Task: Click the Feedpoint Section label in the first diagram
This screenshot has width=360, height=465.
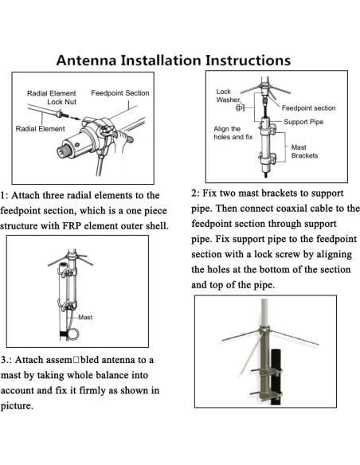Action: click(120, 93)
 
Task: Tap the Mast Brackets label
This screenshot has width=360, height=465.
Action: click(303, 151)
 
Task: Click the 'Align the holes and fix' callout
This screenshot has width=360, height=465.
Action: click(232, 132)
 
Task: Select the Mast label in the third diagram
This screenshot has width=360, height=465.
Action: click(84, 317)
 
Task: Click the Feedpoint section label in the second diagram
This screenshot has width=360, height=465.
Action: click(308, 107)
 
